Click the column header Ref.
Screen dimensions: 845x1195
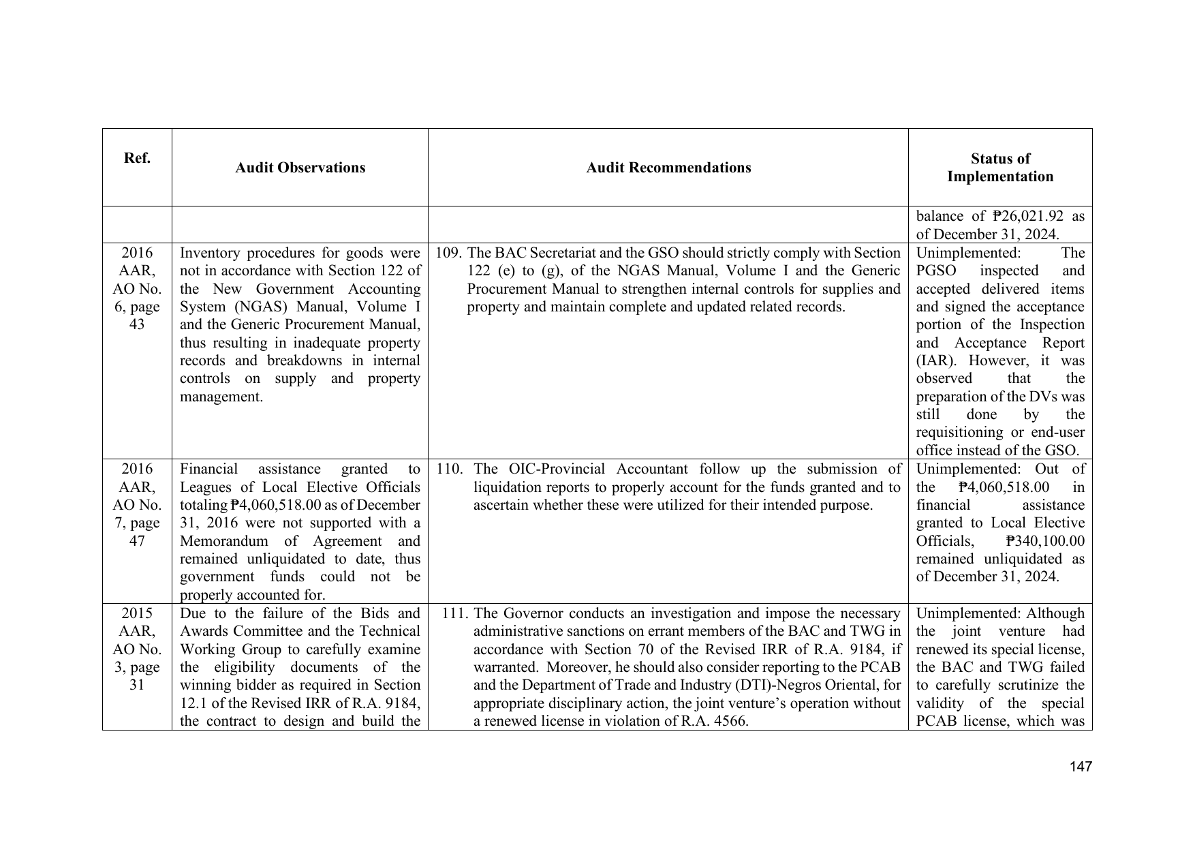point(137,158)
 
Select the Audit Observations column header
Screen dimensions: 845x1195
point(300,168)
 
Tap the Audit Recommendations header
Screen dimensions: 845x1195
point(668,168)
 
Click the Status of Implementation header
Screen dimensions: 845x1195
point(1000,168)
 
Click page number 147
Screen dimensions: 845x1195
point(1081,767)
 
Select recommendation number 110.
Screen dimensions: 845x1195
point(449,469)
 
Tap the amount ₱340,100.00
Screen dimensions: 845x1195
point(1045,541)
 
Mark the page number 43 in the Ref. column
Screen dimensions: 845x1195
point(137,324)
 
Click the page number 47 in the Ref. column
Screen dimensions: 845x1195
point(137,541)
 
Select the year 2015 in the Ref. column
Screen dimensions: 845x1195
point(137,613)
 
